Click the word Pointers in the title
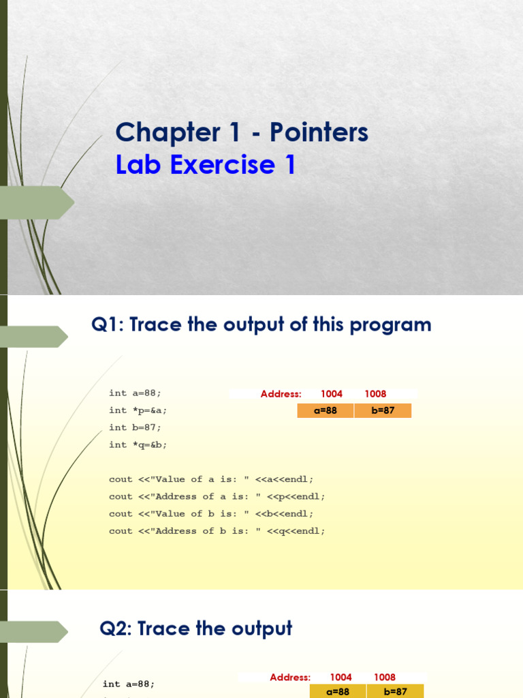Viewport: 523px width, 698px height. (x=319, y=132)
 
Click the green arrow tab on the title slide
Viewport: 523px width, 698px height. (x=37, y=202)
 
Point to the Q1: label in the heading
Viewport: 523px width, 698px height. (x=108, y=325)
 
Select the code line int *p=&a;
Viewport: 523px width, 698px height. (x=138, y=410)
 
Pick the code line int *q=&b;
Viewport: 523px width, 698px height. (x=138, y=444)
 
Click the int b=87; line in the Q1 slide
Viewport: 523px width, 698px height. (x=136, y=427)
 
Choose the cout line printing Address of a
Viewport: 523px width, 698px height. (x=217, y=496)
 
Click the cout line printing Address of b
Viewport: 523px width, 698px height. (x=217, y=531)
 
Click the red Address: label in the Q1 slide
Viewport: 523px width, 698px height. (x=281, y=394)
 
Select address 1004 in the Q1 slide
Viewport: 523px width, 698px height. (x=332, y=394)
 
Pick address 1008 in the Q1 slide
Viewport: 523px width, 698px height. (x=375, y=394)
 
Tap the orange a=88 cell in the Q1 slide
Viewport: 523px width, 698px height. (x=326, y=410)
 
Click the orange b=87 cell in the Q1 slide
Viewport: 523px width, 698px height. (x=383, y=410)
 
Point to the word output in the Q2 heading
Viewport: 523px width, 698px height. (x=259, y=628)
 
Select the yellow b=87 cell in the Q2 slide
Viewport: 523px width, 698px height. (x=395, y=691)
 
